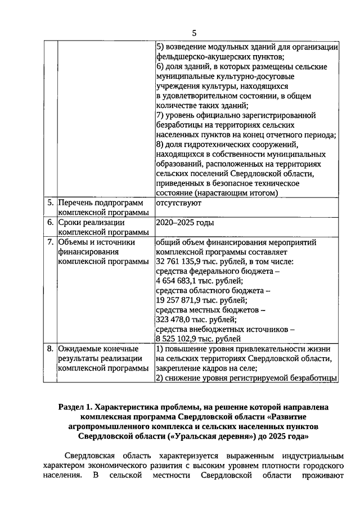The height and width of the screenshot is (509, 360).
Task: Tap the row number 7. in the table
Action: pos(50,242)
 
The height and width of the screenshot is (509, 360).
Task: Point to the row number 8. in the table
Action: pos(50,349)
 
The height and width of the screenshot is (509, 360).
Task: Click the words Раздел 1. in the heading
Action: pos(77,406)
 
